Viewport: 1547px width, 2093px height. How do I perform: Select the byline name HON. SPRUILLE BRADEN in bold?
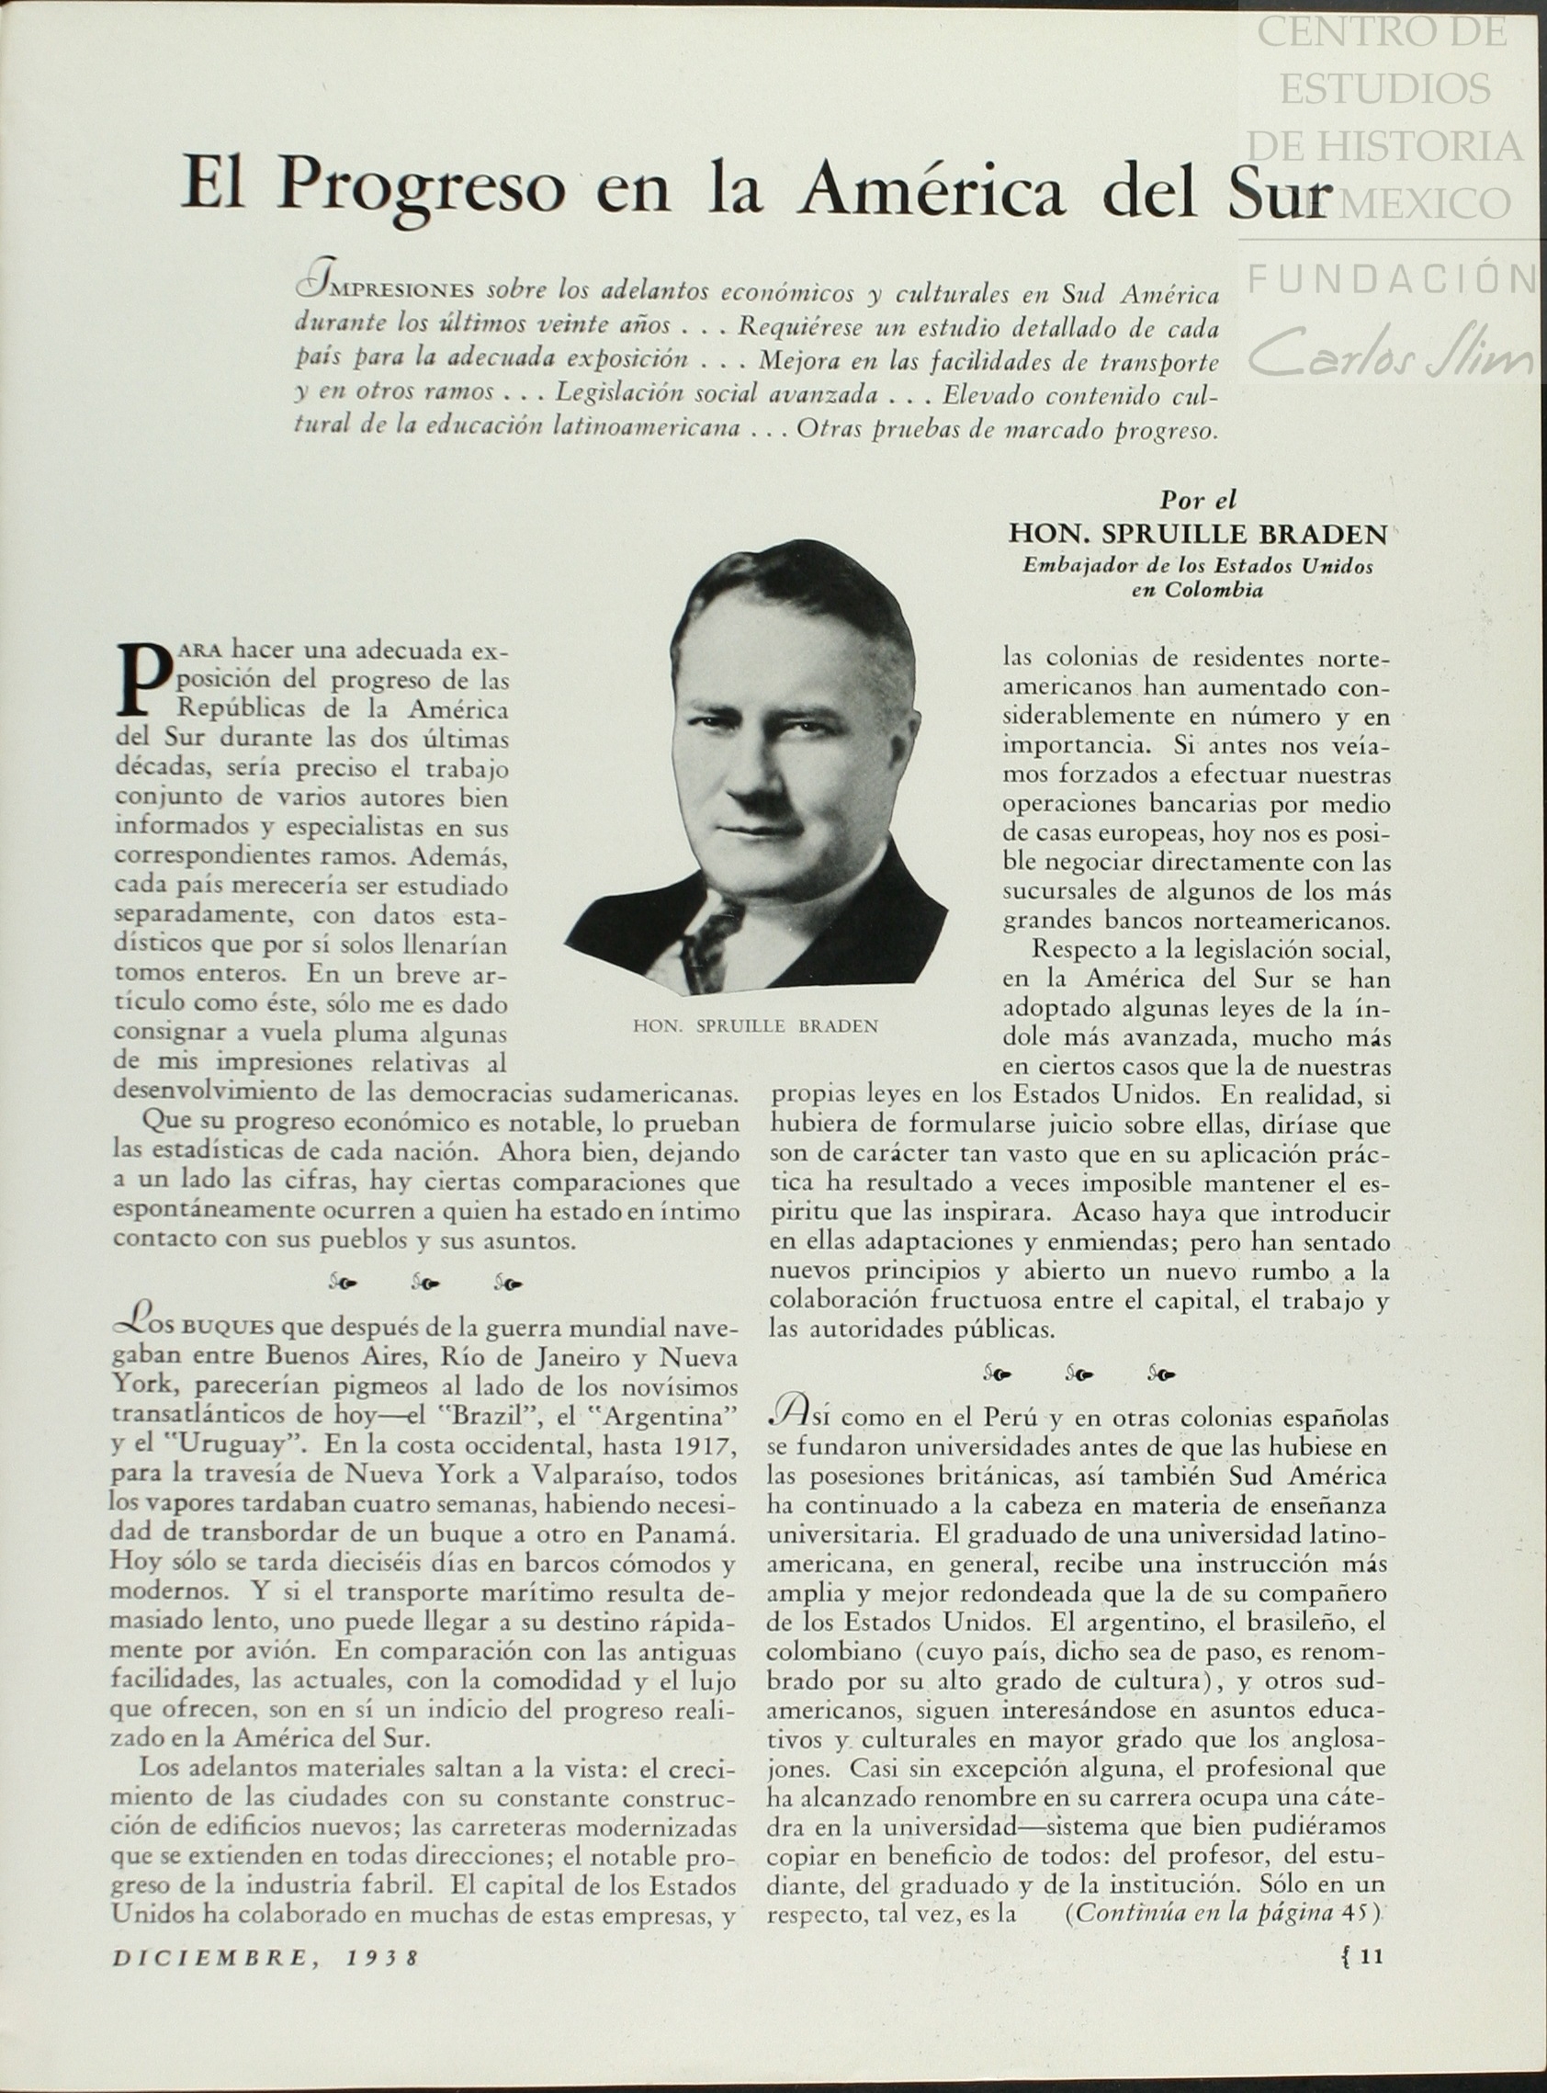(x=1198, y=534)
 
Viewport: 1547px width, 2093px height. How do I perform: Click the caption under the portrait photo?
(x=756, y=1025)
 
